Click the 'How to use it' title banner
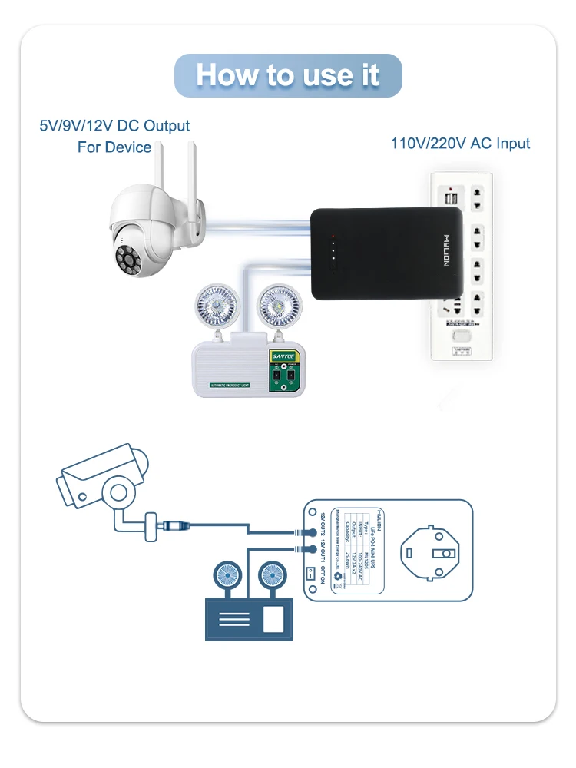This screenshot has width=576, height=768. pos(288,75)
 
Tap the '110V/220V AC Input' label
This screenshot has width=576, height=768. pos(460,144)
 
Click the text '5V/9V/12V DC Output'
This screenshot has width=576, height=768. pos(114,125)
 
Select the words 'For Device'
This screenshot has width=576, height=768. pos(114,147)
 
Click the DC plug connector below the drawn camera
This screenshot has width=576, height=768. pos(171,526)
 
